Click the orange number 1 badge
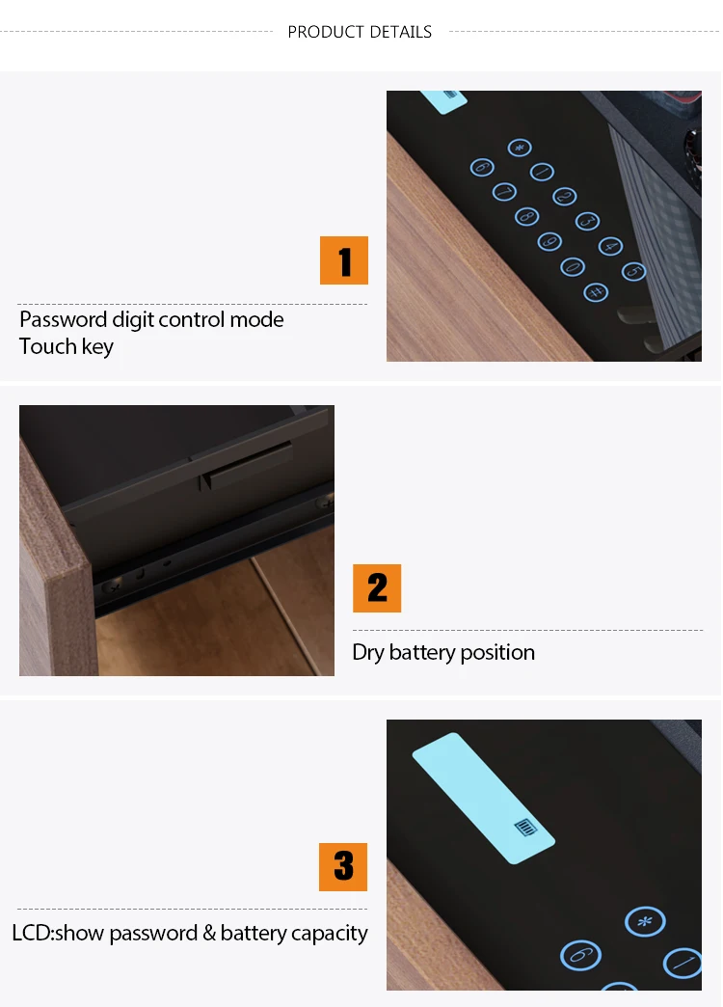click(344, 260)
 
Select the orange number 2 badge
click(377, 588)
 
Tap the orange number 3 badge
click(343, 866)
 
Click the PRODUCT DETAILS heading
click(360, 32)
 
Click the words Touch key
click(67, 346)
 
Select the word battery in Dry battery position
click(421, 652)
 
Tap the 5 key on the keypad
click(633, 272)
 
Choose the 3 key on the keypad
click(587, 221)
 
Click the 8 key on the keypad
click(526, 216)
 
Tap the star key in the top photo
click(520, 148)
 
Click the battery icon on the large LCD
click(525, 827)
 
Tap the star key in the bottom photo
click(644, 922)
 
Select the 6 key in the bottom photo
click(580, 955)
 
